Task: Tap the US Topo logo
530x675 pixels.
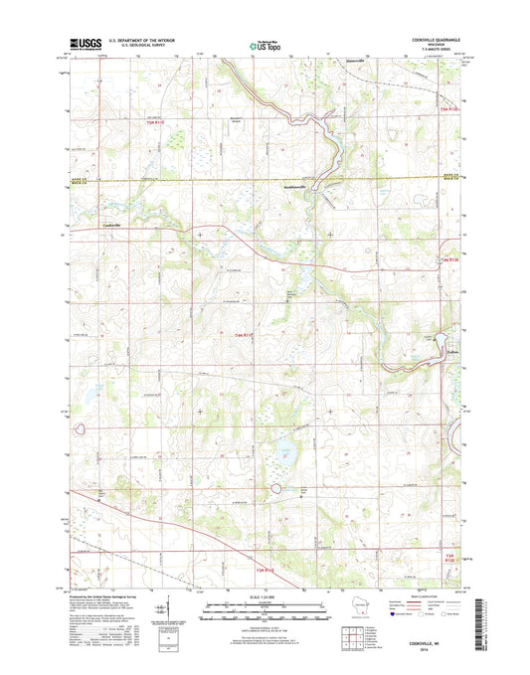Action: (263, 44)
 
